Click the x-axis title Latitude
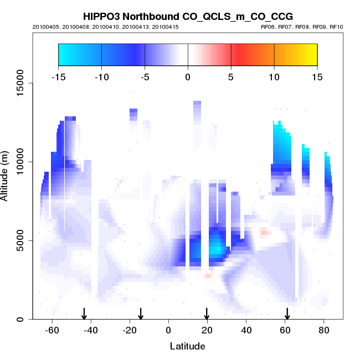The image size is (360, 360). point(187,346)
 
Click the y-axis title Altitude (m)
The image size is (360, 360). point(7,174)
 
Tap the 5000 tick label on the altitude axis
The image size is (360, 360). point(19,240)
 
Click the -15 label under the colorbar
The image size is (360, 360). point(58,77)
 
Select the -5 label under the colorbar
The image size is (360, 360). point(145,77)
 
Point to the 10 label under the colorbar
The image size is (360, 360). point(274,77)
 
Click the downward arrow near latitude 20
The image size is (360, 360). point(207,313)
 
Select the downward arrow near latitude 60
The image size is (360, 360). point(287,313)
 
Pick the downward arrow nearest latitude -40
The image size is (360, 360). point(84,313)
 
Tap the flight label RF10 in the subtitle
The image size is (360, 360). point(337,27)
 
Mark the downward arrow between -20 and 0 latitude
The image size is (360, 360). point(141,313)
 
